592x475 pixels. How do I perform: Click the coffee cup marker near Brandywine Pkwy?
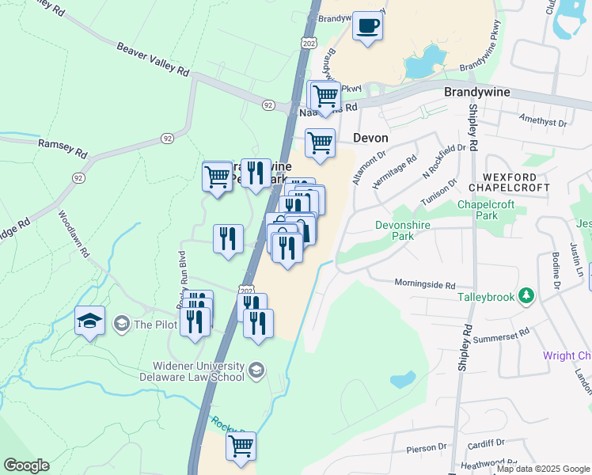[x=366, y=26]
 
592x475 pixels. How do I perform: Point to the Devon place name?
[x=370, y=138]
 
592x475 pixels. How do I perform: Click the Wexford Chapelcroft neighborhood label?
[x=507, y=182]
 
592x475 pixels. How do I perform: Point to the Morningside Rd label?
[x=424, y=284]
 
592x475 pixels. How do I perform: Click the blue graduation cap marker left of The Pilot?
[x=89, y=321]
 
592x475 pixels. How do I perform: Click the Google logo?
[x=26, y=465]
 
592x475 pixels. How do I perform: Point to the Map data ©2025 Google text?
[x=544, y=469]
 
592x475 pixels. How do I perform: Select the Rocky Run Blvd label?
[x=181, y=273]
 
